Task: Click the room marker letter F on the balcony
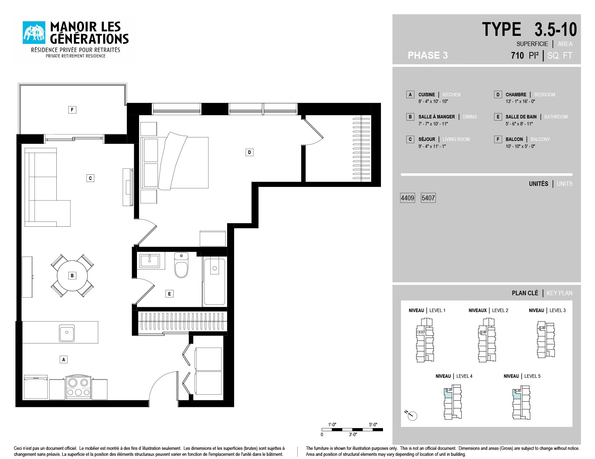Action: [72, 110]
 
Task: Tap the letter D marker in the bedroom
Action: [249, 152]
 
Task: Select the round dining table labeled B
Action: [72, 276]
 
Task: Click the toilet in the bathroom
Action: [181, 265]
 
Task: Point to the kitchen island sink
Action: [67, 332]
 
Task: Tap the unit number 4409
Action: [407, 198]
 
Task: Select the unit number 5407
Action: [428, 198]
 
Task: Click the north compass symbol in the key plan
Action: [411, 415]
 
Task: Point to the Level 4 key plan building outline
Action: [453, 402]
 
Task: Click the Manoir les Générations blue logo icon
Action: [34, 32]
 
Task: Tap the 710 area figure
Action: [517, 56]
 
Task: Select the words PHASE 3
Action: [428, 55]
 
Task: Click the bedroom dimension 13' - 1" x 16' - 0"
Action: [520, 101]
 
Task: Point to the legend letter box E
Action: [498, 117]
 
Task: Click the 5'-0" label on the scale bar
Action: [373, 425]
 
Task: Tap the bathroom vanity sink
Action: [150, 261]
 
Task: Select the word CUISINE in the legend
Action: [427, 95]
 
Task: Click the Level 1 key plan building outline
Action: [425, 340]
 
